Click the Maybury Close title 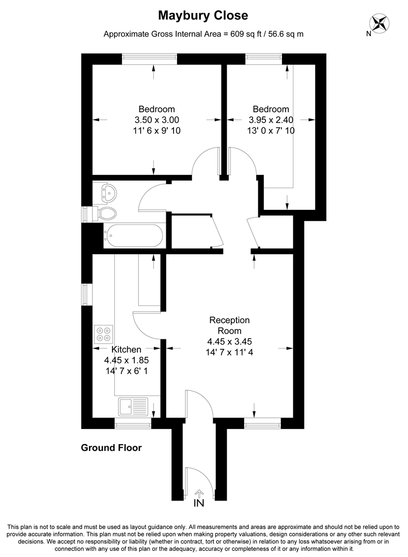(203, 16)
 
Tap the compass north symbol (380, 23)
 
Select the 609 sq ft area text (203, 35)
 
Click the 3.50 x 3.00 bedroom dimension (156, 120)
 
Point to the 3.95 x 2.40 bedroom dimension (270, 120)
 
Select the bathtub (134, 237)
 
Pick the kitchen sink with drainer (133, 407)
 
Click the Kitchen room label (127, 350)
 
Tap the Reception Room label (229, 325)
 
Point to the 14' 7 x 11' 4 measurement (229, 353)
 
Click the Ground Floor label (111, 448)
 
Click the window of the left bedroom (150, 59)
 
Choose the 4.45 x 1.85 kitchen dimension (127, 361)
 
